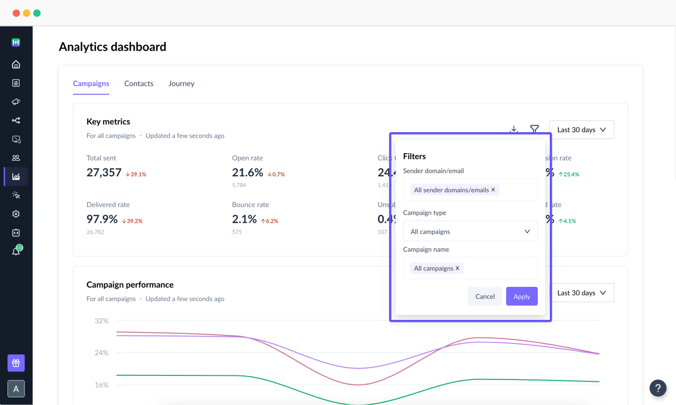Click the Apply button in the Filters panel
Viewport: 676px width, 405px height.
point(521,296)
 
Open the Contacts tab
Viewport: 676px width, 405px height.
point(139,84)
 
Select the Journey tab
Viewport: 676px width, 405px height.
point(181,84)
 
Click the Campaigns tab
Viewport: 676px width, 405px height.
point(91,84)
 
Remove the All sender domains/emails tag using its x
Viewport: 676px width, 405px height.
point(493,190)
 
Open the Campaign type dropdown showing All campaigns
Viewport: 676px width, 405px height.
point(470,231)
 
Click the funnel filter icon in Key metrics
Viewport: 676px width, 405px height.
point(534,129)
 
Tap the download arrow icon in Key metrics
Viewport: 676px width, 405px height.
point(514,129)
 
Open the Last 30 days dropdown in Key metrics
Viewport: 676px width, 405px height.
point(581,130)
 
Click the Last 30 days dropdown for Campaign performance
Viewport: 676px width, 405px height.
point(581,293)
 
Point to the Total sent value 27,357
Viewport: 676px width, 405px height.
point(104,173)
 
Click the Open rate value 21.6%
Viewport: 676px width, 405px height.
point(247,173)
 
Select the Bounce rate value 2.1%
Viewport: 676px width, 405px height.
point(244,219)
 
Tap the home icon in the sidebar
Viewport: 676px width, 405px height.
point(16,64)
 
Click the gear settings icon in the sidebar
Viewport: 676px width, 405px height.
point(16,214)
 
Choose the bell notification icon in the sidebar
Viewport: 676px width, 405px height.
point(16,251)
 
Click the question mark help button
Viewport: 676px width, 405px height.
point(658,388)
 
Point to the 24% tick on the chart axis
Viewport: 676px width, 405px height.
point(102,353)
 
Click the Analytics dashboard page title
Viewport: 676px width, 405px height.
point(113,47)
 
